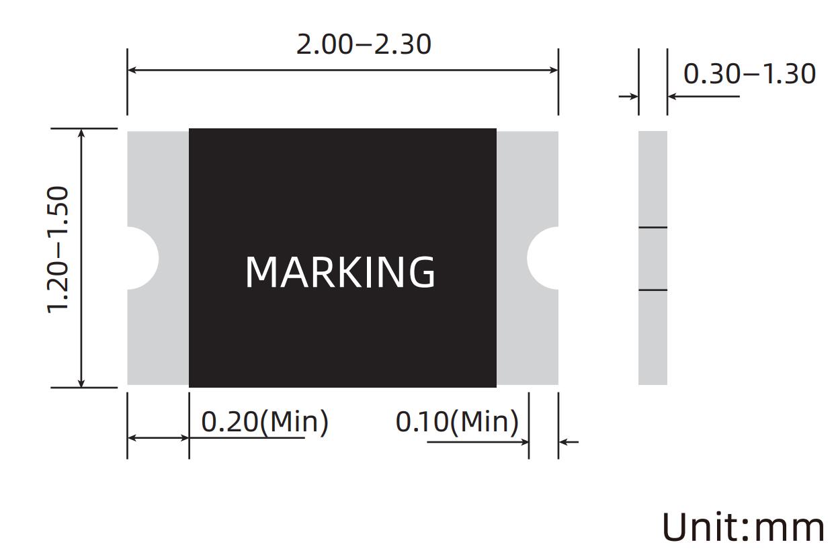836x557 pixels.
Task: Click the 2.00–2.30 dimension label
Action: click(x=364, y=44)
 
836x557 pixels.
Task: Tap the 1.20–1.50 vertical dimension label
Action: click(x=58, y=249)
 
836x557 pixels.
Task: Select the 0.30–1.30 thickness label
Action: click(x=749, y=74)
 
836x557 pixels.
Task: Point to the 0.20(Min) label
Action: click(x=265, y=422)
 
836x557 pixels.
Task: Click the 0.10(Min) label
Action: click(x=457, y=422)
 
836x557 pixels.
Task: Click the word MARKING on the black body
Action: click(x=340, y=272)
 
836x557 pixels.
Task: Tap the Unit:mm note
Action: click(x=743, y=527)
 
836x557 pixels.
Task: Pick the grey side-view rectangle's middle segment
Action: click(x=653, y=259)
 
